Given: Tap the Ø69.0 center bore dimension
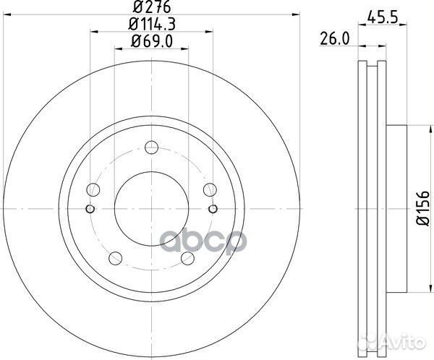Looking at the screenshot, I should (x=150, y=43).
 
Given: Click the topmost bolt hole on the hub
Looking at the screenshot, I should (x=150, y=148).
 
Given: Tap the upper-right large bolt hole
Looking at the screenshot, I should (x=208, y=190).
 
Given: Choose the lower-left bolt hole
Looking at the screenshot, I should (x=114, y=259).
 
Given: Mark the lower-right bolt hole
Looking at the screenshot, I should (x=187, y=259).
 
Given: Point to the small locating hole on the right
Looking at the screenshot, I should (x=212, y=210).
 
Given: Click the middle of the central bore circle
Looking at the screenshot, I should (x=150, y=210).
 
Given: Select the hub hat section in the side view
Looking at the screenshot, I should (x=397, y=210).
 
